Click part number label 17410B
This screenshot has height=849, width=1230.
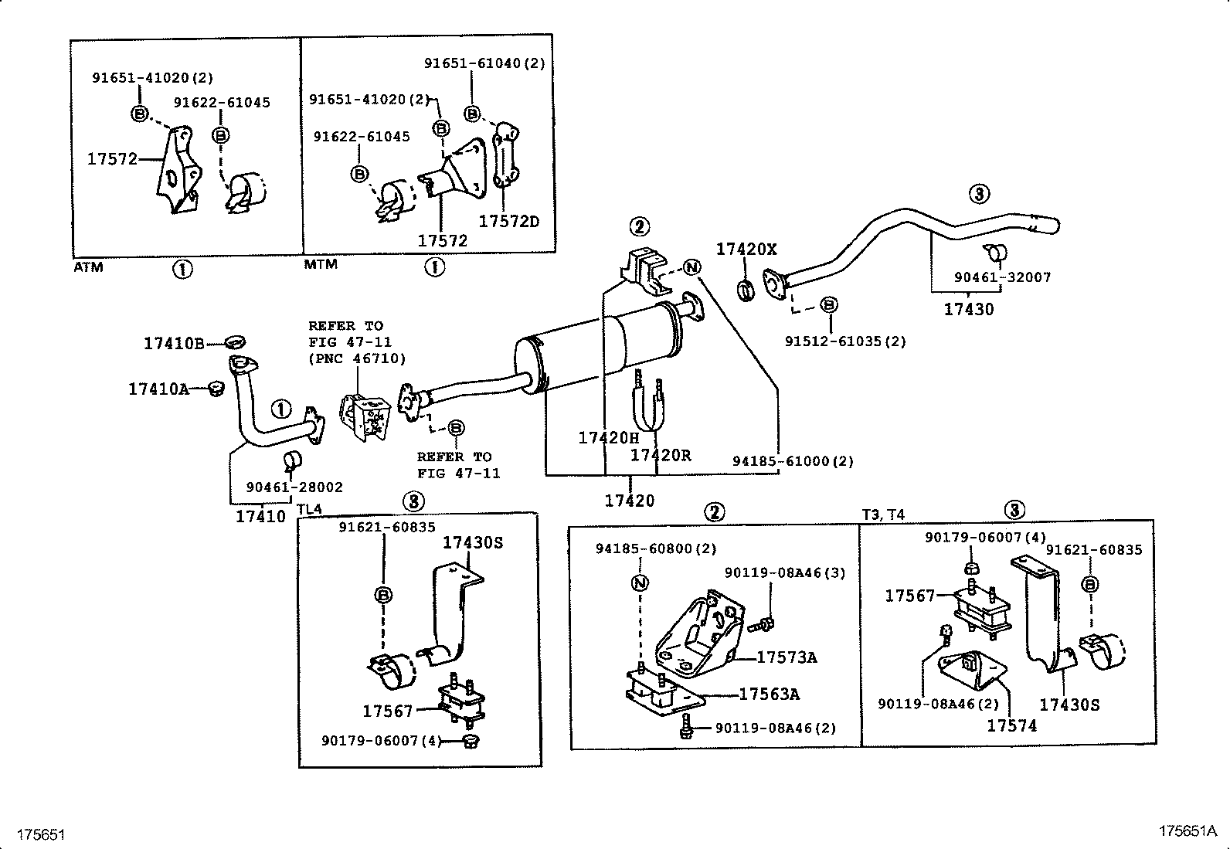[174, 343]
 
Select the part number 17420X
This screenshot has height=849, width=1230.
[746, 249]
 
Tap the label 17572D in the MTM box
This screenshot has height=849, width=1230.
[508, 222]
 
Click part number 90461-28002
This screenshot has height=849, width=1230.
[294, 487]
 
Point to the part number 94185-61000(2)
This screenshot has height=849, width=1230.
[793, 461]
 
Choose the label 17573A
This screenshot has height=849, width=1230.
[786, 657]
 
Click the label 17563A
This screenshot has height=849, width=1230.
[769, 694]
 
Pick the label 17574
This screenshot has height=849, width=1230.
[1012, 725]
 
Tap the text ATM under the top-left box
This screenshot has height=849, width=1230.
[88, 267]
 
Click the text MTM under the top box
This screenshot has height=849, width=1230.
[321, 264]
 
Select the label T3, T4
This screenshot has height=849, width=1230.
[883, 514]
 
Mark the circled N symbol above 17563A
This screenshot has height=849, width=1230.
[640, 582]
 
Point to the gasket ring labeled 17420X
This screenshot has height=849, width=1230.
[746, 291]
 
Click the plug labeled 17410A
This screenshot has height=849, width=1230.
[216, 388]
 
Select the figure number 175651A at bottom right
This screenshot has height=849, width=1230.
[1188, 831]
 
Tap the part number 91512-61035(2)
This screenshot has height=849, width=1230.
[845, 341]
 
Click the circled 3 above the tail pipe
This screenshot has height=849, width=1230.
[979, 194]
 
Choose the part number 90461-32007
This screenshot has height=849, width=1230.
[1002, 277]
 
